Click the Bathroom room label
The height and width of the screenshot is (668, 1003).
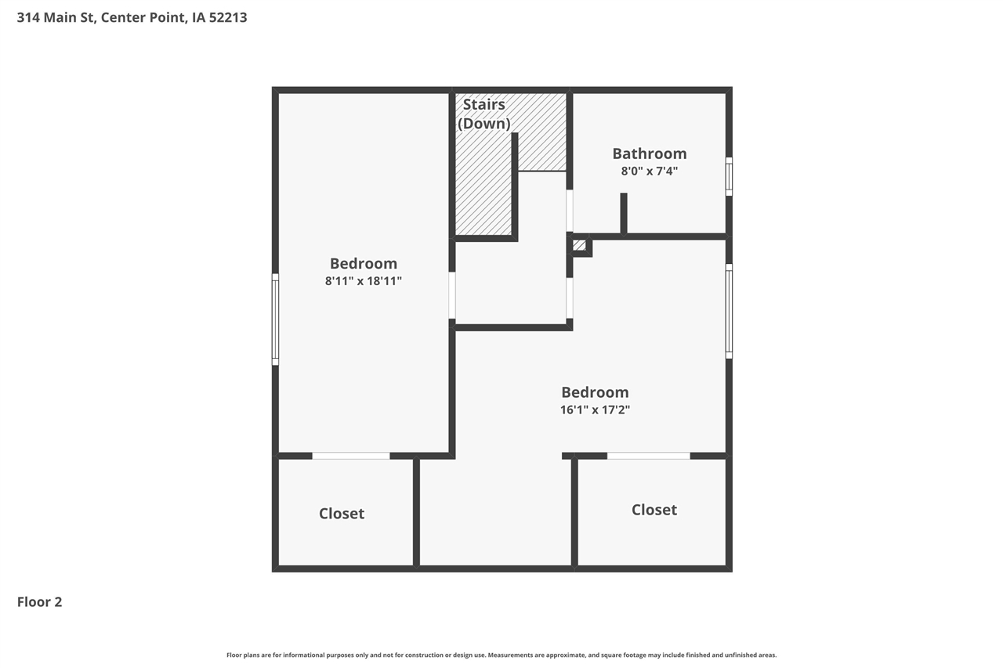click(x=649, y=153)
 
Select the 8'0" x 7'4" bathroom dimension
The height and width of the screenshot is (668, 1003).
click(x=649, y=171)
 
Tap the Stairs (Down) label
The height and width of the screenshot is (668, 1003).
click(x=484, y=114)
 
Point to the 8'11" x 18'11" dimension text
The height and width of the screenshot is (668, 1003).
click(x=364, y=280)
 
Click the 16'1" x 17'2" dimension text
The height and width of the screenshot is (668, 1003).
click(x=595, y=410)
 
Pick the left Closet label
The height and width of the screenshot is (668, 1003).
click(x=342, y=514)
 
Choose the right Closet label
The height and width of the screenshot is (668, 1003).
click(x=654, y=510)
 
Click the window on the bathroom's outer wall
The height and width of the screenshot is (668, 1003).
click(x=729, y=176)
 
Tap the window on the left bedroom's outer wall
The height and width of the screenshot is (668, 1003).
click(x=275, y=319)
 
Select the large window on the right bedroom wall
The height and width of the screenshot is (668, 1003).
click(x=729, y=311)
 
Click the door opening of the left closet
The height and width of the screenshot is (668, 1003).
click(x=351, y=456)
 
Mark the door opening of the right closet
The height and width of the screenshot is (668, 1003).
click(x=648, y=456)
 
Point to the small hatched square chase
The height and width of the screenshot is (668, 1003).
click(x=579, y=246)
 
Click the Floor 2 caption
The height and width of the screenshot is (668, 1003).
click(x=39, y=602)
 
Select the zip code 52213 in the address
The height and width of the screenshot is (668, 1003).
click(x=228, y=17)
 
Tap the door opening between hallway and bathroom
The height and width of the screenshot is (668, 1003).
click(x=570, y=210)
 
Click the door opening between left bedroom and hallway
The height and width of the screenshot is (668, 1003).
click(x=452, y=295)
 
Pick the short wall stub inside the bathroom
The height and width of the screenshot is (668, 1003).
click(x=624, y=212)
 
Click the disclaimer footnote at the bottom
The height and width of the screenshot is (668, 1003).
click(x=501, y=655)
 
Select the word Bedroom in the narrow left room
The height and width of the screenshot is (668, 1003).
click(x=364, y=264)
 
